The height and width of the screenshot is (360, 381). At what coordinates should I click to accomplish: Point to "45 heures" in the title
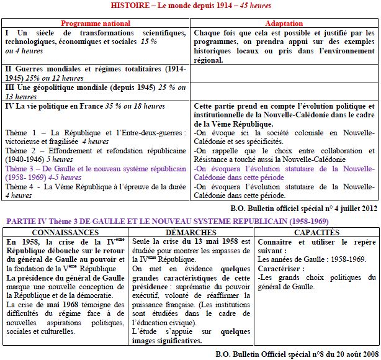(x=255, y=6)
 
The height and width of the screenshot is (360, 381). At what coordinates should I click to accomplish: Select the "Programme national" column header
(x=96, y=24)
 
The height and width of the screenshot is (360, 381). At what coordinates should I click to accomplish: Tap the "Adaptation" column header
(x=284, y=24)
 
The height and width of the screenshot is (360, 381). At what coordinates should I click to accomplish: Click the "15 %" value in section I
(x=148, y=42)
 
